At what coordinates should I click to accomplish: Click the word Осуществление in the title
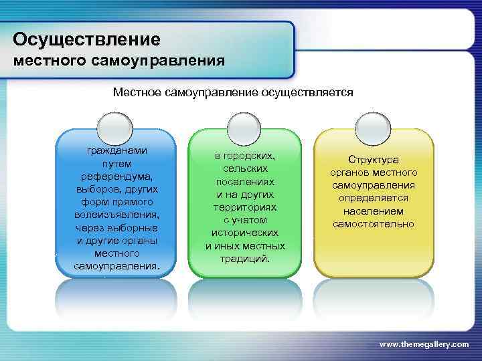[87, 39]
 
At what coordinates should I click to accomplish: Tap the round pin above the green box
[240, 126]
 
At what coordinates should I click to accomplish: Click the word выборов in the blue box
[100, 189]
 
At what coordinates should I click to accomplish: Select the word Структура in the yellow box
[374, 160]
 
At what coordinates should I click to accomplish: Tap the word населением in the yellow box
[374, 211]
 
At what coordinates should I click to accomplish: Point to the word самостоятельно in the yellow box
[374, 224]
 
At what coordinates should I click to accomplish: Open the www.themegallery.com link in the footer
[424, 344]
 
